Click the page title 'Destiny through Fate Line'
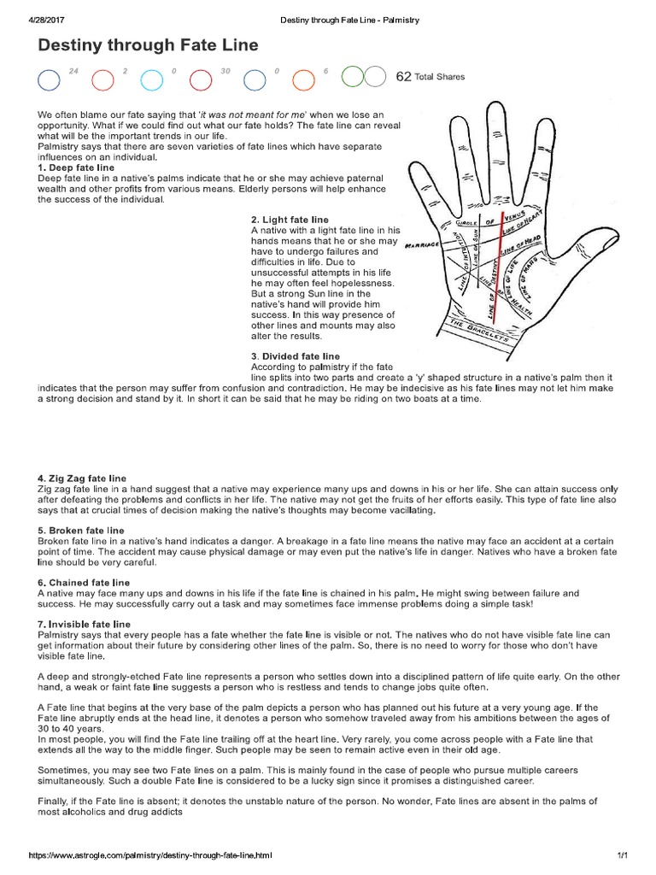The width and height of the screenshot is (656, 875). [147, 45]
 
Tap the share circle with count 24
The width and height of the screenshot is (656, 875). [49, 79]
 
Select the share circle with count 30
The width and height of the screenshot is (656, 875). [201, 79]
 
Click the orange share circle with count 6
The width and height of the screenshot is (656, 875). [303, 79]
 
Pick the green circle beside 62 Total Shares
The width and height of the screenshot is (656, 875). [352, 78]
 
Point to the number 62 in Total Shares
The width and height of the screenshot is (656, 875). [403, 77]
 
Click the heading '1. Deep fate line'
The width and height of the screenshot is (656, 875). [76, 168]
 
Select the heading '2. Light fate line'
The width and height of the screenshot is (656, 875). [290, 220]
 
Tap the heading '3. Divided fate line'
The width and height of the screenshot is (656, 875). [296, 355]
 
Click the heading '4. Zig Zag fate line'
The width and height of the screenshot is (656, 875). [82, 478]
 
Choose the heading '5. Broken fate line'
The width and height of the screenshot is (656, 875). [81, 531]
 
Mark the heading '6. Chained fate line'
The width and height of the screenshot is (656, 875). [84, 583]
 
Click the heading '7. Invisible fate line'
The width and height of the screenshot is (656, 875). [84, 625]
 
